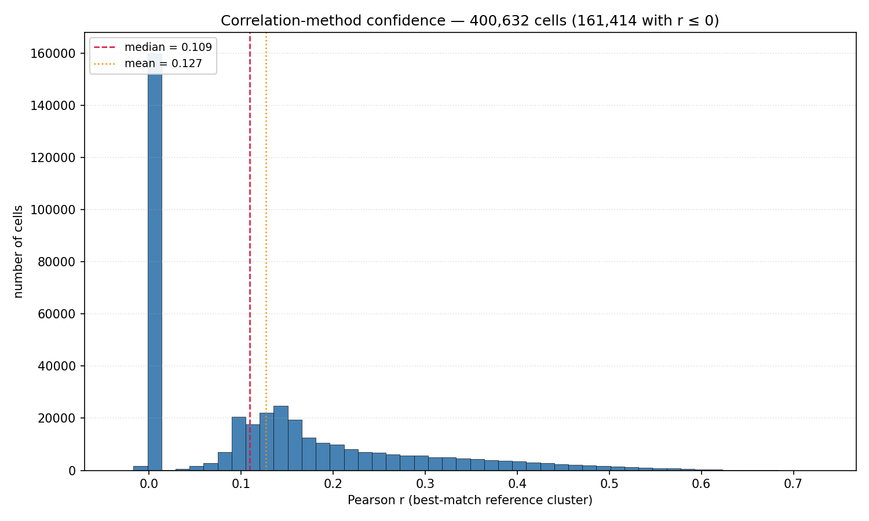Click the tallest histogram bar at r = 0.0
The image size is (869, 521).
(155, 262)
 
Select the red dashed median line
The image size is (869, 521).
(250, 252)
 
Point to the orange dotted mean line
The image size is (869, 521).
(266, 252)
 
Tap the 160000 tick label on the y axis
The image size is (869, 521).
(53, 53)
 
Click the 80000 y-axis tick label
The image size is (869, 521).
(57, 262)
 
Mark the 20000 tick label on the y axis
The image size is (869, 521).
(57, 419)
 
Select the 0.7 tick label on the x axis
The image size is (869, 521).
(793, 484)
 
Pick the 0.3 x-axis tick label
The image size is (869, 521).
(425, 484)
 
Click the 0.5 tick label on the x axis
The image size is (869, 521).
(609, 484)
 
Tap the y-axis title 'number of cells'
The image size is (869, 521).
(18, 252)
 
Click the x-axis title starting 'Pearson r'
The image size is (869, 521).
(470, 500)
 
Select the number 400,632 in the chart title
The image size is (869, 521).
(499, 20)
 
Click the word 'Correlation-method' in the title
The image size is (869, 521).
(291, 20)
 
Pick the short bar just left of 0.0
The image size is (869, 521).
(140, 468)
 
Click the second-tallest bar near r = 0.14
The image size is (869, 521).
(281, 438)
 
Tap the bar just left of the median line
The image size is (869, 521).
(239, 444)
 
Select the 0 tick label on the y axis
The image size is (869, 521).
(72, 471)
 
